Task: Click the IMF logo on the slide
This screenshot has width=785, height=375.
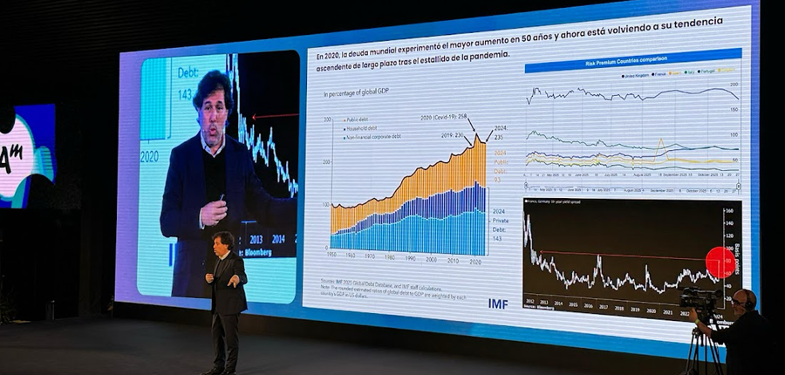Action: pyautogui.click(x=498, y=303)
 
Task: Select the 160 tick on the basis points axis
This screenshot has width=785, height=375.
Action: pyautogui.click(x=728, y=211)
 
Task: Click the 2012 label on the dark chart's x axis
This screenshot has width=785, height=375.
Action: pyautogui.click(x=529, y=302)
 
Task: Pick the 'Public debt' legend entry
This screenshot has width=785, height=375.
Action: pyautogui.click(x=358, y=119)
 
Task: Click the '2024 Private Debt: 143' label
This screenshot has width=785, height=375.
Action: pyautogui.click(x=500, y=226)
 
